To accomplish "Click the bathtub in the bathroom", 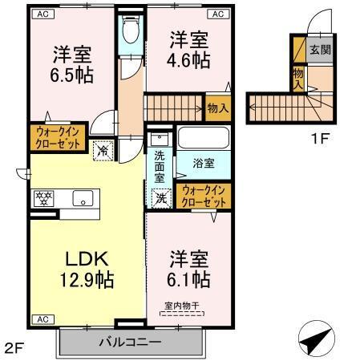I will [203, 138].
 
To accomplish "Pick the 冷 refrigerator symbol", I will [103, 148].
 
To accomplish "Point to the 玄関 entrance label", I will [319, 49].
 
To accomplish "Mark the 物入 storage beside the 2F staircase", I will [217, 107].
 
